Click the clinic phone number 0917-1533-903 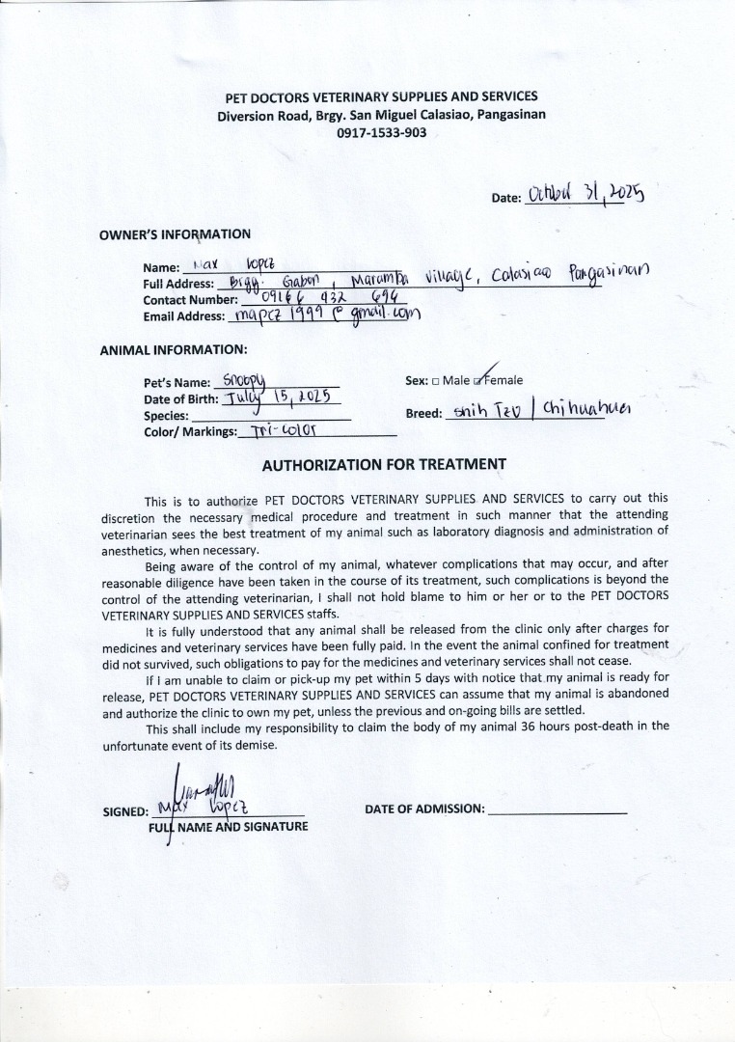pos(381,133)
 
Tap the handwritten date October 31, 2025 pos(585,196)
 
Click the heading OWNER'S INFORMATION pos(175,234)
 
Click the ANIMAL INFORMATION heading pos(174,350)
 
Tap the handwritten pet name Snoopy pos(250,381)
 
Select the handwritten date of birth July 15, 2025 pos(279,398)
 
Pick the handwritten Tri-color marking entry pos(285,431)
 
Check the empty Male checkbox pos(435,381)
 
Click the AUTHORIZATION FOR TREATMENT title pos(384,465)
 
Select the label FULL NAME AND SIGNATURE pos(228,827)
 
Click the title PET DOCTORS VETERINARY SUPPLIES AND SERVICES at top pos(381,96)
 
